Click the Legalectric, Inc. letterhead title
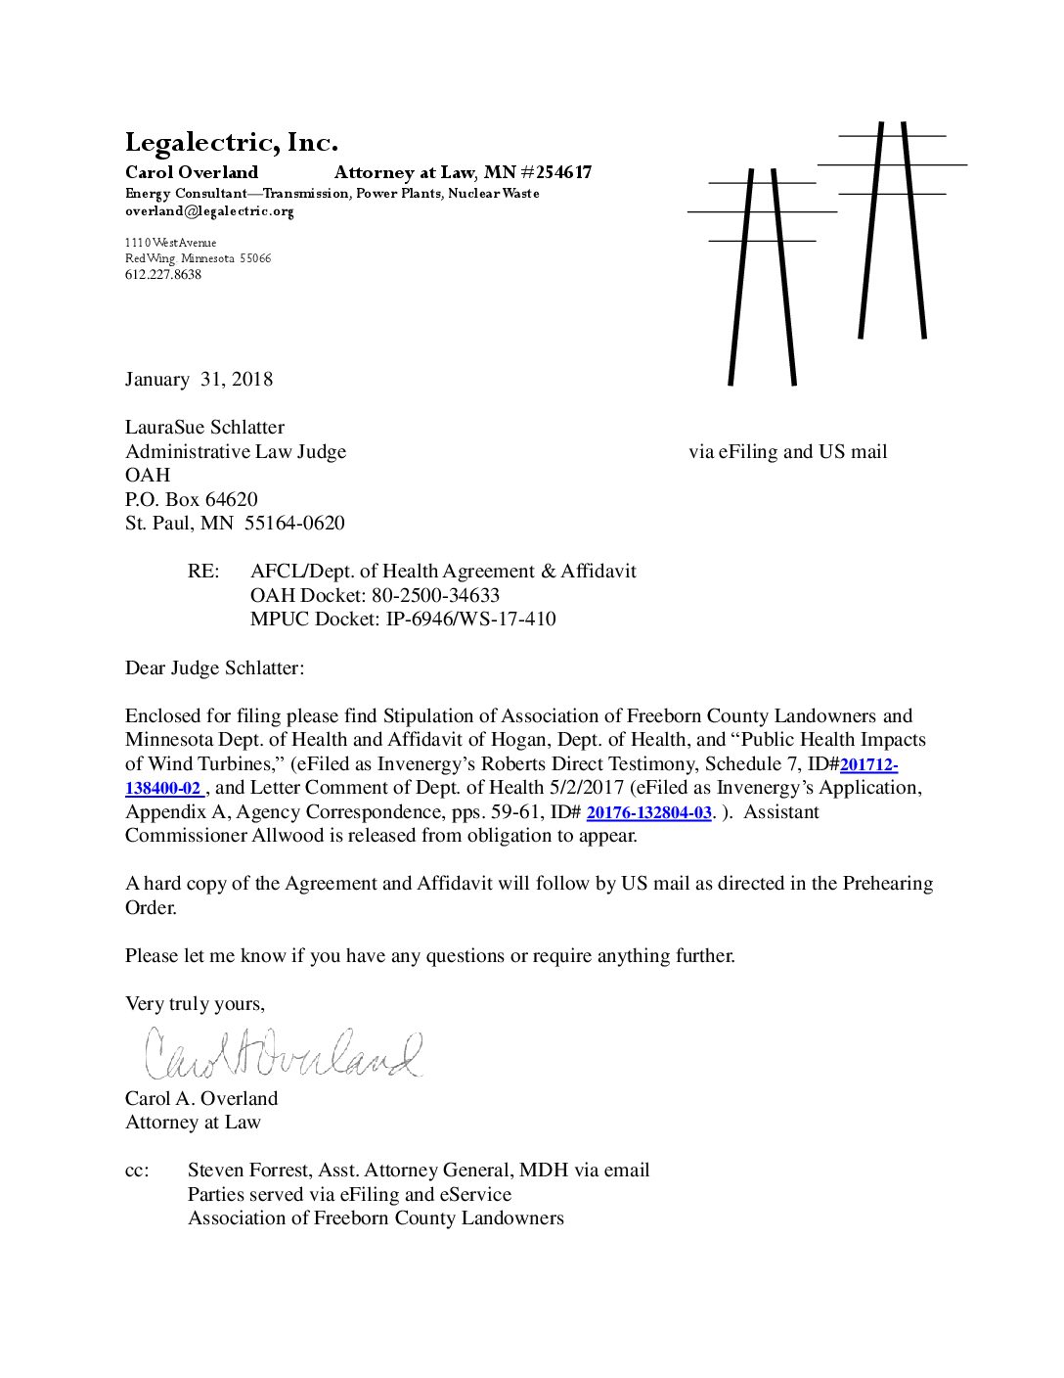point(231,143)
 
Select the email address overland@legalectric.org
point(209,211)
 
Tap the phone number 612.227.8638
point(163,275)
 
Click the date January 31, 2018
point(199,380)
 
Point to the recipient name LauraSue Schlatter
point(204,428)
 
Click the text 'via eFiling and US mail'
point(787,452)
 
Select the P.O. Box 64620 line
point(191,499)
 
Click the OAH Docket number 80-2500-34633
point(435,595)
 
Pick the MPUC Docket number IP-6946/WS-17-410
point(465,620)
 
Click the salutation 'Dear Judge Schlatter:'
point(214,668)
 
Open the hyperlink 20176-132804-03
point(648,813)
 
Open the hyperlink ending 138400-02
point(163,789)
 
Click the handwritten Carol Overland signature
point(284,1053)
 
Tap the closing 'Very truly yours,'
point(195,1004)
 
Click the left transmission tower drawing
point(762,274)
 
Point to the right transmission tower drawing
point(892,230)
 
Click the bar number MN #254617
point(538,173)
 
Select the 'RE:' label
point(203,572)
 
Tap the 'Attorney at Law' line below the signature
point(193,1123)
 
